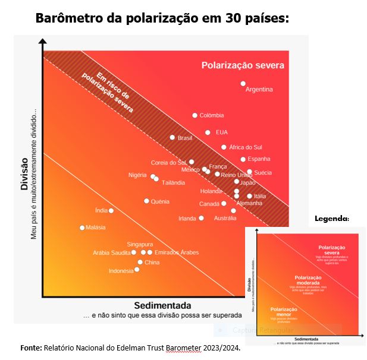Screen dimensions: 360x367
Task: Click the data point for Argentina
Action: click(x=243, y=84)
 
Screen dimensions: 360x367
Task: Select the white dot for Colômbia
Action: click(x=195, y=115)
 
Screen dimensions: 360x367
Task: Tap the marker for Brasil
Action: click(x=172, y=138)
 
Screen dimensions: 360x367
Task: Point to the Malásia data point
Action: click(x=83, y=228)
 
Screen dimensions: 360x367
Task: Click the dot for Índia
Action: click(x=111, y=210)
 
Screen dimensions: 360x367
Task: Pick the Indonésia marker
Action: click(x=137, y=270)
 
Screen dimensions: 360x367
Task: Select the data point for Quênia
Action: click(x=146, y=201)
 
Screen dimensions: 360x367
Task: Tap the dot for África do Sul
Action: click(x=224, y=147)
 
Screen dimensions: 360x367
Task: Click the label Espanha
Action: click(x=259, y=159)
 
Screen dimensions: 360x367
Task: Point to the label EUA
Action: click(x=221, y=132)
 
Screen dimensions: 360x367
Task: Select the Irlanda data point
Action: click(x=202, y=218)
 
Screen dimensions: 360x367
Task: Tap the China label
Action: click(x=152, y=262)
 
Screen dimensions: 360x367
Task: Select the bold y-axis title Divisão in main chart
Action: click(x=25, y=173)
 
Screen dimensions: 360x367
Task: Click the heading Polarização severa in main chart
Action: click(x=243, y=65)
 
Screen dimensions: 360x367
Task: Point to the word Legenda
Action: click(x=332, y=219)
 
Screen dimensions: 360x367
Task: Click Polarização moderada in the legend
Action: click(x=308, y=280)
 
